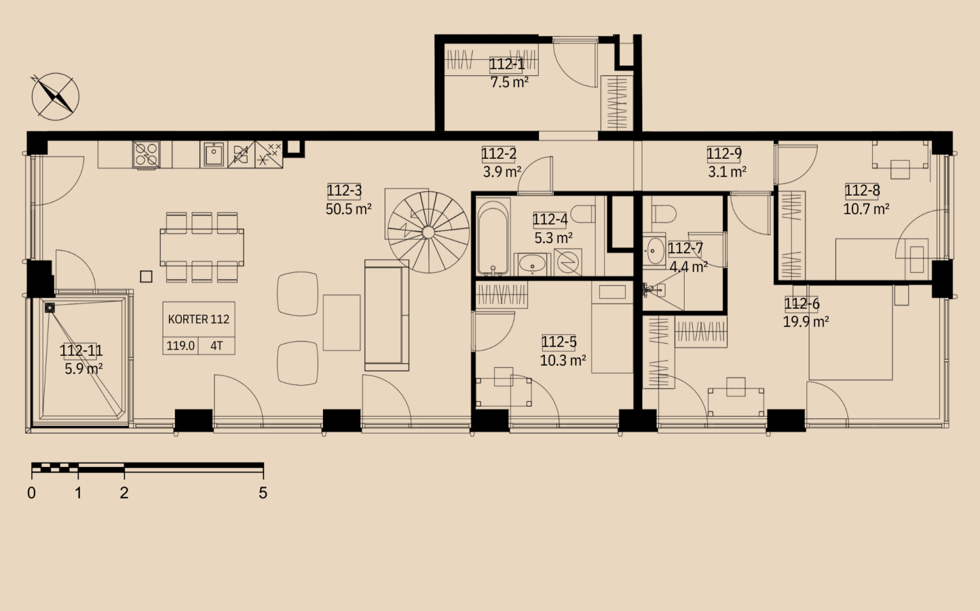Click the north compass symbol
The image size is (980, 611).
pos(55,97)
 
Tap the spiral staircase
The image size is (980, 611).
pos(428,232)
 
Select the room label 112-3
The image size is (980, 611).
pos(345,191)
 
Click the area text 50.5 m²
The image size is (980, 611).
pos(349,209)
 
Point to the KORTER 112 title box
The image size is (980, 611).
pos(198,320)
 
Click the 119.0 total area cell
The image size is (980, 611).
pos(181,346)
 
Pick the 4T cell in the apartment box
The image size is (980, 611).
pos(216,346)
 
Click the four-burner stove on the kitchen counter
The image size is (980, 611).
pos(146,154)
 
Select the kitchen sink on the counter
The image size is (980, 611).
pos(214,154)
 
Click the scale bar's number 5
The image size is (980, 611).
pos(262,493)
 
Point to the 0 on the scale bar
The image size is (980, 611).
pos(31,493)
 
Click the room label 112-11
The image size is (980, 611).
pos(81,351)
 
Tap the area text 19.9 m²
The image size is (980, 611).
pos(806,322)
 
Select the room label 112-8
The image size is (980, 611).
pos(862,191)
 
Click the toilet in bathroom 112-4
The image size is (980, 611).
pos(584,214)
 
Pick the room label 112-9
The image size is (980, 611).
pos(725,154)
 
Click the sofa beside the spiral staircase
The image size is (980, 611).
pos(387,315)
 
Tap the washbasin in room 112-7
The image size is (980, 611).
pos(655,251)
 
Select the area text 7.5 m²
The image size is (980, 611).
pos(509,82)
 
